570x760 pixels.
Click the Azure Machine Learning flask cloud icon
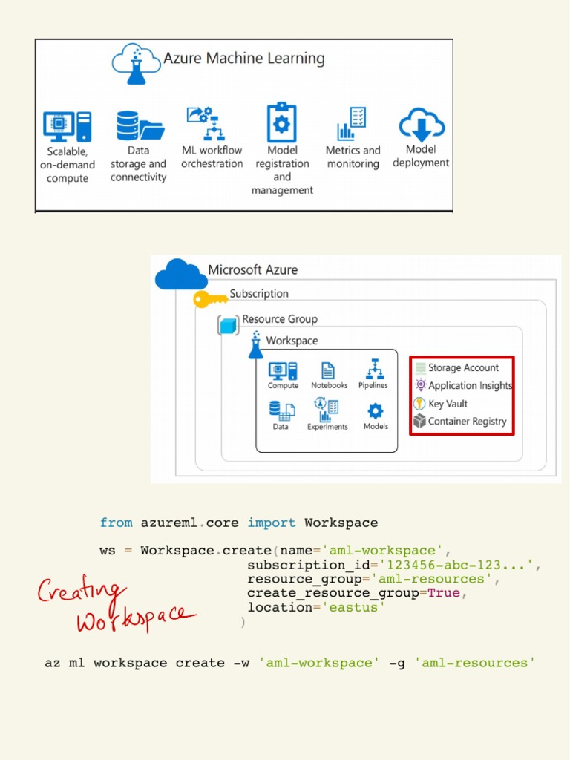click(x=136, y=63)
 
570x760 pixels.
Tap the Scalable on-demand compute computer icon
click(x=67, y=126)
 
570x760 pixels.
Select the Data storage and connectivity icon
click(x=139, y=126)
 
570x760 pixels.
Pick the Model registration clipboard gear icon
click(x=281, y=122)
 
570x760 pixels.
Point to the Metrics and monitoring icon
click(x=351, y=124)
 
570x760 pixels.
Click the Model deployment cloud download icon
click(x=422, y=125)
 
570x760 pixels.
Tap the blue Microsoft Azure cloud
click(x=181, y=275)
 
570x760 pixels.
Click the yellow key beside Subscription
click(x=210, y=299)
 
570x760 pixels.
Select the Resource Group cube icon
click(x=228, y=324)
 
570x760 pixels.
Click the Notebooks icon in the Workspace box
click(x=328, y=370)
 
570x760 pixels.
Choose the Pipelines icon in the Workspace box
click(x=373, y=369)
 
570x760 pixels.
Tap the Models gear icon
click(x=376, y=411)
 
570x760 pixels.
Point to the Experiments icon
click(x=327, y=410)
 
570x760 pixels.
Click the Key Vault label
click(x=448, y=404)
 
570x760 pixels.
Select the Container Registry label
click(x=467, y=422)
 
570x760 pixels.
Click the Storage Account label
click(x=463, y=367)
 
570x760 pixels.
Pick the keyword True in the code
click(x=444, y=593)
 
